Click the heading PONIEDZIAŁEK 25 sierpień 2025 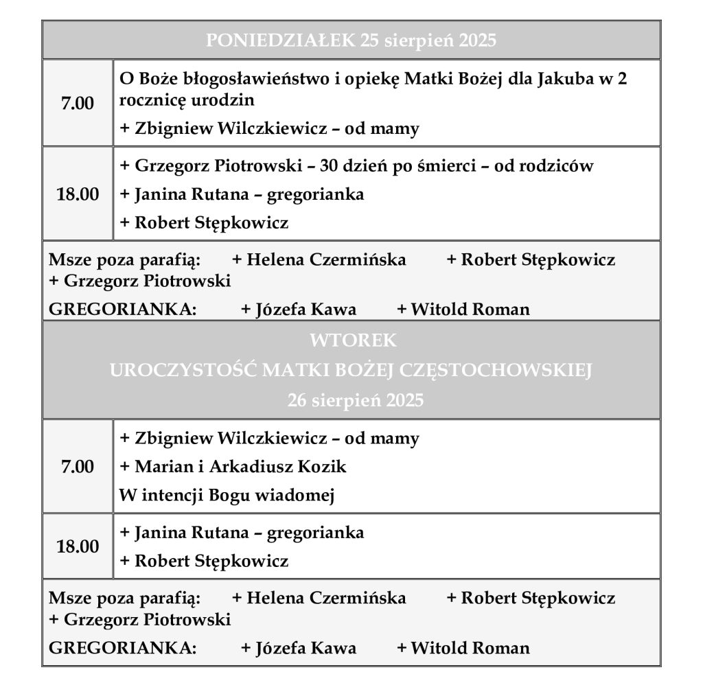coord(351,40)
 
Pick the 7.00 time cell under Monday coord(78,103)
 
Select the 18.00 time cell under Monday coord(78,194)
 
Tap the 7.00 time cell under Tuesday coord(78,467)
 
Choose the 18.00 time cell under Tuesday coord(78,546)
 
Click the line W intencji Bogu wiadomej coord(227,495)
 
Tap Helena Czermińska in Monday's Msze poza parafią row coord(326,260)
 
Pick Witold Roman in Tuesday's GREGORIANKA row coord(470,648)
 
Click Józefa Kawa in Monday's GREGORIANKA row coord(306,310)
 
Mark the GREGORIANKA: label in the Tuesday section coord(122,648)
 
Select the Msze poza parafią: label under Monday coord(124,260)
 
